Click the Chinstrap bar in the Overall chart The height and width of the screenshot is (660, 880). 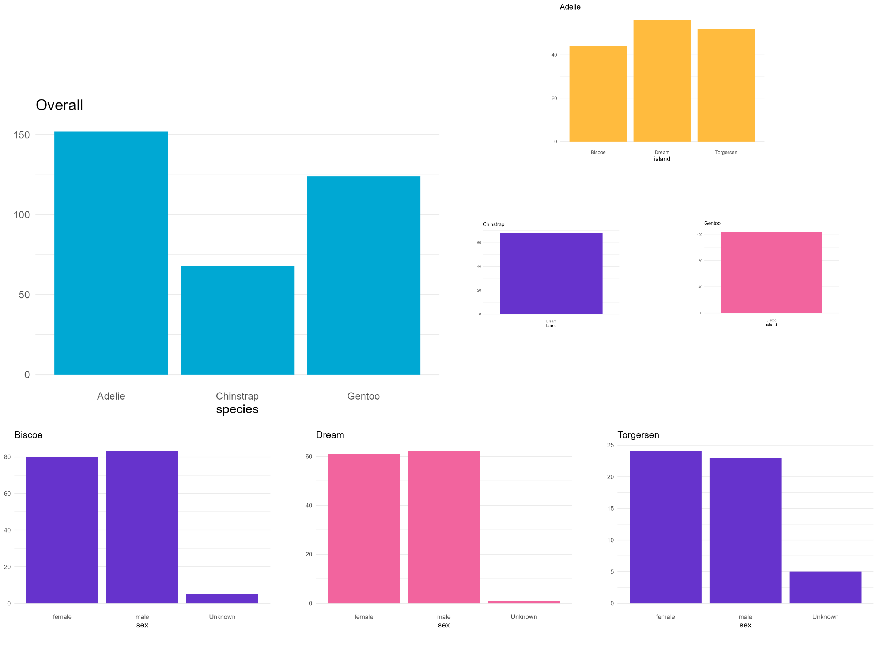pyautogui.click(x=237, y=320)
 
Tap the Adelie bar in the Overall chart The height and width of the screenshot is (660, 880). pyautogui.click(x=111, y=253)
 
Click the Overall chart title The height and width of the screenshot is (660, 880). pyautogui.click(x=59, y=105)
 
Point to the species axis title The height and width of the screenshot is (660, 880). pyautogui.click(x=237, y=409)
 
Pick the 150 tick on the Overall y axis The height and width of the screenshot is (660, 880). pyautogui.click(x=22, y=135)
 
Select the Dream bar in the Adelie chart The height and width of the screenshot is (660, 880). pyautogui.click(x=662, y=81)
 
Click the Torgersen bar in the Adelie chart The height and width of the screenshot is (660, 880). pyautogui.click(x=726, y=85)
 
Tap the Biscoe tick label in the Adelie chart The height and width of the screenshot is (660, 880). pyautogui.click(x=598, y=153)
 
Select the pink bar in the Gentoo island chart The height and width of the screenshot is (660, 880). pyautogui.click(x=771, y=272)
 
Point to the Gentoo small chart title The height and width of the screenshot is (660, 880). pyautogui.click(x=712, y=223)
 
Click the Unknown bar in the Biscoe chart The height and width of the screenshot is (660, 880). pyautogui.click(x=222, y=599)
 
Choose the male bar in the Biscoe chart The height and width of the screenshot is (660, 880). pyautogui.click(x=142, y=527)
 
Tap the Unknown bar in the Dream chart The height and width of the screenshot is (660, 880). pyautogui.click(x=524, y=602)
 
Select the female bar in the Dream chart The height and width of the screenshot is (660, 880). pyautogui.click(x=364, y=528)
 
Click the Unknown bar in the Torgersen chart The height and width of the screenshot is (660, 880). pyautogui.click(x=825, y=587)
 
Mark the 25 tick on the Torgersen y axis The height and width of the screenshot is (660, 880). pyautogui.click(x=610, y=445)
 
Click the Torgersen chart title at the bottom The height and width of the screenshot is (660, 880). pyautogui.click(x=638, y=435)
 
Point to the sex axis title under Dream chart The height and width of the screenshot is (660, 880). pyautogui.click(x=443, y=625)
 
